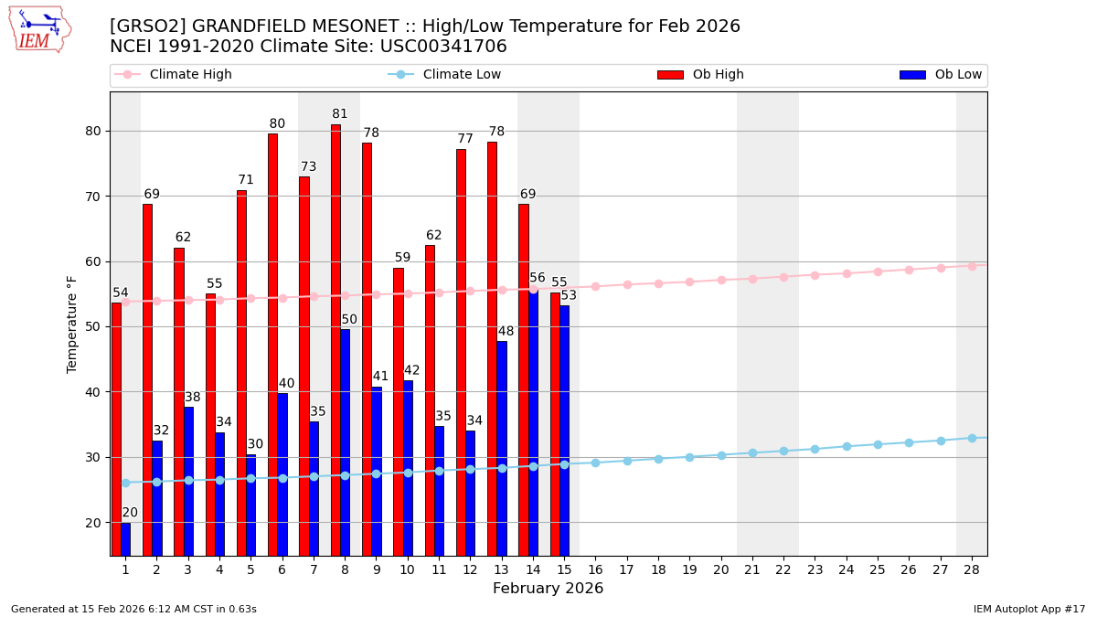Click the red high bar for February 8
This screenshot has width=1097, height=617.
point(335,339)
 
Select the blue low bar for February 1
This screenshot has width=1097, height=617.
point(126,538)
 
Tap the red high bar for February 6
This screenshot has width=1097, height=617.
point(272,344)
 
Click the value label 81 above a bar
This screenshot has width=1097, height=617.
point(340,114)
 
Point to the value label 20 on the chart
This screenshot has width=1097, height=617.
point(130,513)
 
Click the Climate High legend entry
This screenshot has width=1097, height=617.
point(190,75)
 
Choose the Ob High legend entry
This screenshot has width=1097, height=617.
point(718,75)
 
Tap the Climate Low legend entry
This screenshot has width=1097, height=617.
point(462,75)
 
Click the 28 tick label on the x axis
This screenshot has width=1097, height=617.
point(972,569)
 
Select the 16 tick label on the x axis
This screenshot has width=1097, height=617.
point(595,569)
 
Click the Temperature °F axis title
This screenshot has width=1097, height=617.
point(73,324)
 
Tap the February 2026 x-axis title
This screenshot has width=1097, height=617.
point(548,589)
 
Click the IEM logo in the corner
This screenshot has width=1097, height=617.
point(39,29)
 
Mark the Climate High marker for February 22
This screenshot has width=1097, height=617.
point(783,277)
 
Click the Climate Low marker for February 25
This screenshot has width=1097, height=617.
point(878,444)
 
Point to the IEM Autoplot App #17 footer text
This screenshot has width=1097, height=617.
point(1029,609)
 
